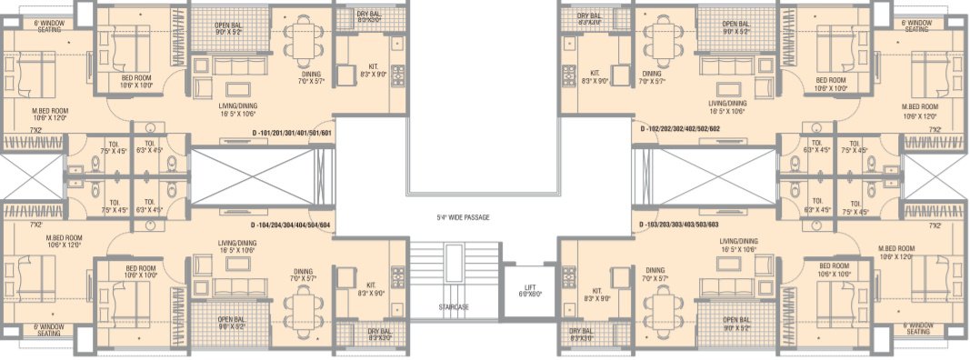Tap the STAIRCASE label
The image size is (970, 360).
pos(452,307)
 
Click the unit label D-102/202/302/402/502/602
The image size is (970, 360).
pos(681,129)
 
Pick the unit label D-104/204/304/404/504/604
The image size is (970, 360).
pos(291,225)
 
